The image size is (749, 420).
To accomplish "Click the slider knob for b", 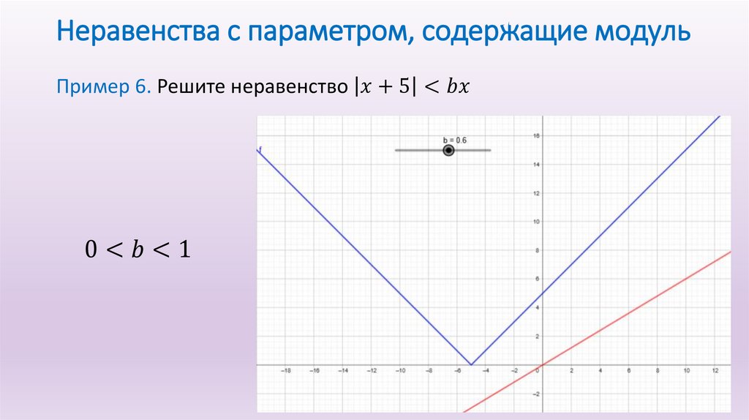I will pos(448,150).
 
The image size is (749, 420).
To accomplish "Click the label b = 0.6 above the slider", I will pos(454,140).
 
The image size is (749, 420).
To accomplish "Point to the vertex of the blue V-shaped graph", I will pos(471,364).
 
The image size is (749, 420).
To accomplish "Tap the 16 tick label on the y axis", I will pos(535,135).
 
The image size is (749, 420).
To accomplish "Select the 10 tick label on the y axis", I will pos(535,222).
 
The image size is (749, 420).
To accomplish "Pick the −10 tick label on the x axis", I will pos(399,371).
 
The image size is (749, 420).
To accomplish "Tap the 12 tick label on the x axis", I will pos(715,371).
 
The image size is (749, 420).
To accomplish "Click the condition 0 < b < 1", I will pos(138,250).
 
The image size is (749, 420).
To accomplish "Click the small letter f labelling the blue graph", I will pos(260,150).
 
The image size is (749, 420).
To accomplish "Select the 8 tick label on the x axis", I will pos(657,371).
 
